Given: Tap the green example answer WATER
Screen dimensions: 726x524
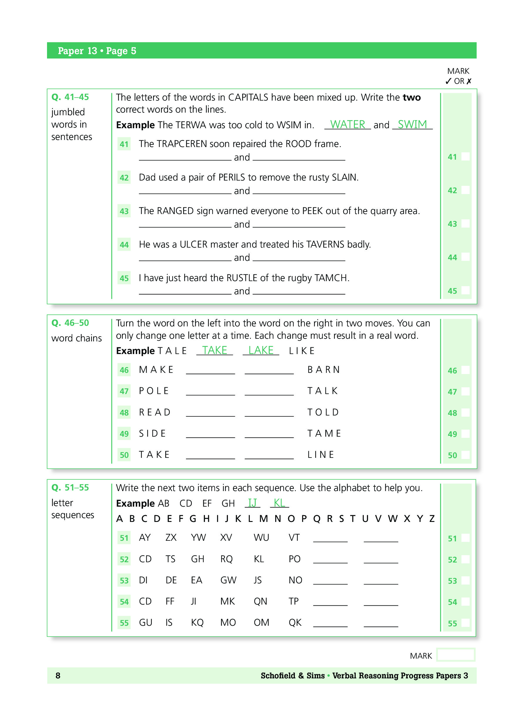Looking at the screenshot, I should tap(347, 124).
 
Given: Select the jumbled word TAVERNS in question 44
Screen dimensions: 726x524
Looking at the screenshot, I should tap(325, 245).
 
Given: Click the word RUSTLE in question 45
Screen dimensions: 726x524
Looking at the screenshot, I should tap(241, 278).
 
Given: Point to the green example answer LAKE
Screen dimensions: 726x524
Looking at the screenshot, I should tap(261, 351).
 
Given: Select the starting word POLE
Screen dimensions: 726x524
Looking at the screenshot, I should tap(154, 391).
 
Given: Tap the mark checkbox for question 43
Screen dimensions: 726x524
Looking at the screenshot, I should tap(466, 224).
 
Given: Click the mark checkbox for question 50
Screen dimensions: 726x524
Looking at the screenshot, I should tap(466, 455).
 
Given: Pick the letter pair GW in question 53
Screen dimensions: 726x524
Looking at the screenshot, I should tap(228, 580).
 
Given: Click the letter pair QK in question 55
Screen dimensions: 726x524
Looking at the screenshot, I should tap(295, 622).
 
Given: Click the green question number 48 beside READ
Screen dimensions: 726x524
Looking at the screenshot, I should tap(124, 413).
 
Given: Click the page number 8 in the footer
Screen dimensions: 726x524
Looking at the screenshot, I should tap(58, 676).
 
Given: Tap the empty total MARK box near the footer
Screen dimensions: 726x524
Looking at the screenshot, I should tap(456, 655).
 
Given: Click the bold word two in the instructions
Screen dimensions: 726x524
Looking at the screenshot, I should tap(412, 97).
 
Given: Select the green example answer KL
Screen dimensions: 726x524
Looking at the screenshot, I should tap(279, 503).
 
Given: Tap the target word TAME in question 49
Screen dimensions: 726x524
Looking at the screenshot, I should tap(324, 434).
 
